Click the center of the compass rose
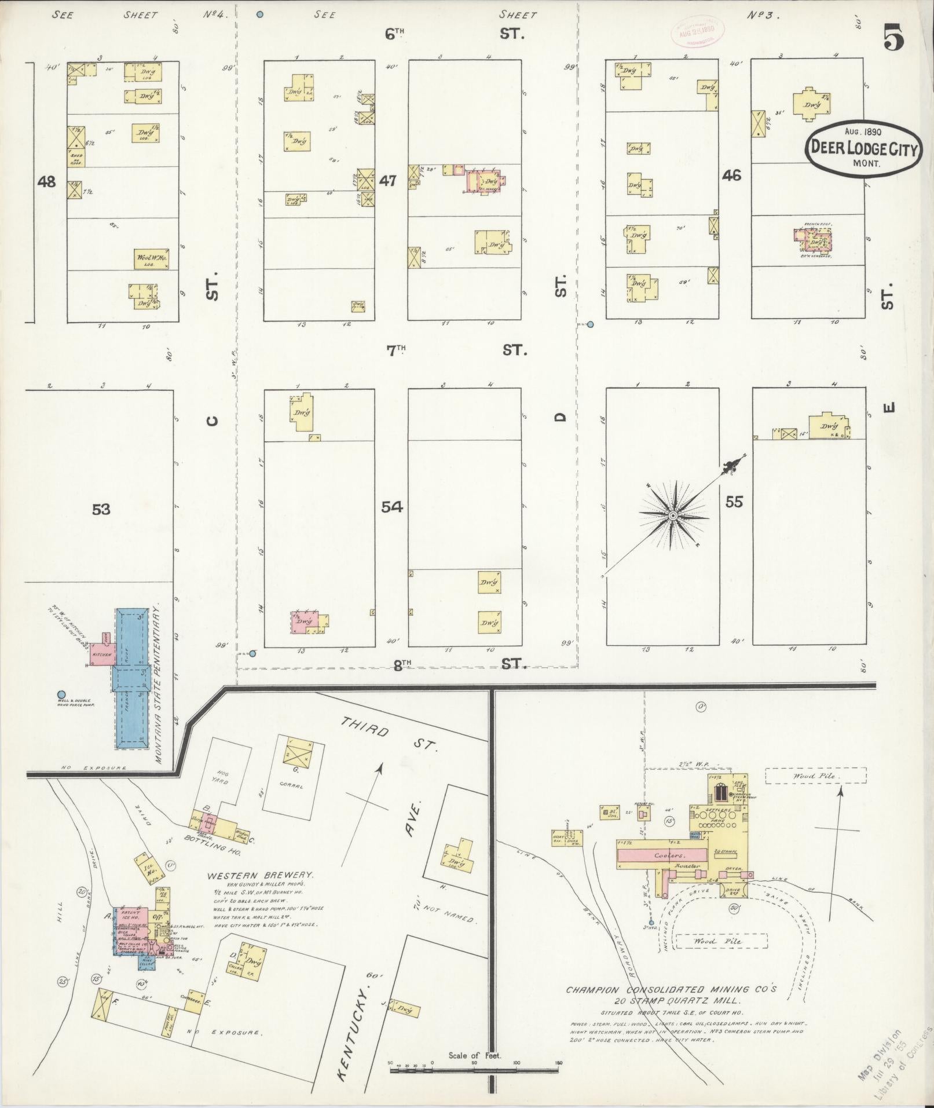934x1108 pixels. (673, 515)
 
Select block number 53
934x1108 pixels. (101, 509)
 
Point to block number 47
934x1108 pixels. (387, 181)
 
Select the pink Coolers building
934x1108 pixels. (662, 855)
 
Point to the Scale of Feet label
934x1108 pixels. (475, 1055)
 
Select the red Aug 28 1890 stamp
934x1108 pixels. (692, 34)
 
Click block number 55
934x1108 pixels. (734, 502)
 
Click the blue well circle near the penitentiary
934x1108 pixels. (61, 694)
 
